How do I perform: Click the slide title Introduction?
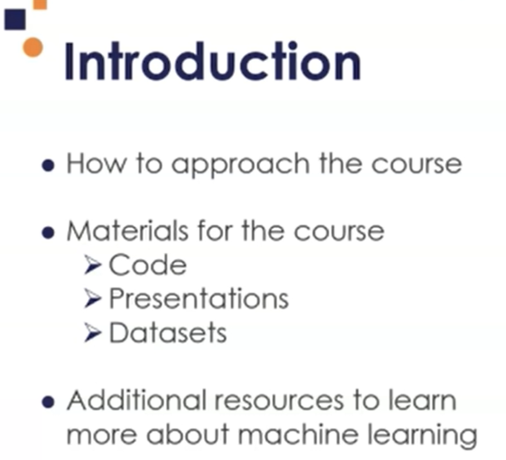213,62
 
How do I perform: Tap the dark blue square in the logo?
15,20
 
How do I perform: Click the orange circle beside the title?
33,47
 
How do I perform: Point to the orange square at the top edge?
40,4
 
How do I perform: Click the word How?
96,164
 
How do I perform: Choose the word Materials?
128,231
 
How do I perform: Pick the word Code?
148,264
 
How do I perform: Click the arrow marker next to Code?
92,265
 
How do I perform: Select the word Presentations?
199,299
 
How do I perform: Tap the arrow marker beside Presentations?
92,299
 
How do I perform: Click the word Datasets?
168,332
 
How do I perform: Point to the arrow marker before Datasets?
92,332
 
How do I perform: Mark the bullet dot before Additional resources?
48,402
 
